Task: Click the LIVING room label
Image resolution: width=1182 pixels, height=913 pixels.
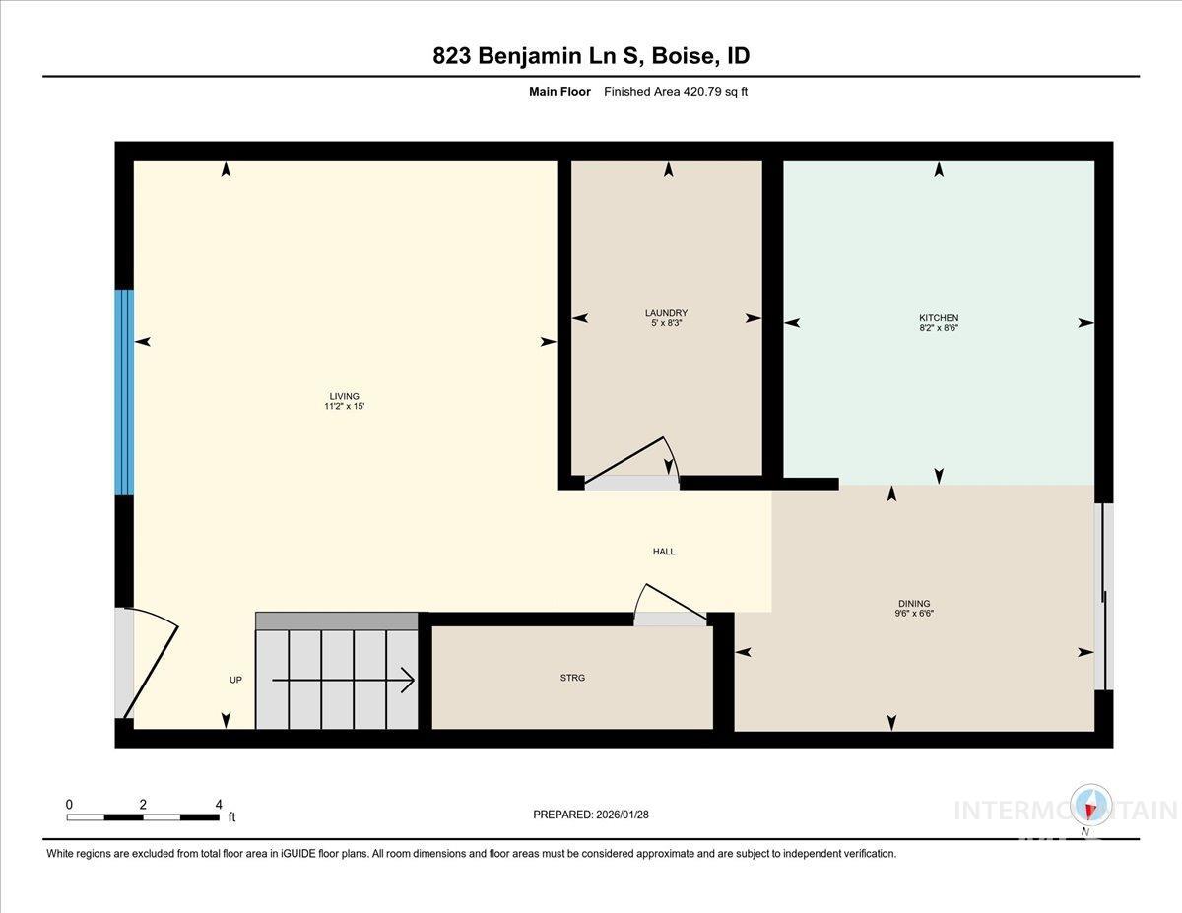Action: coord(344,396)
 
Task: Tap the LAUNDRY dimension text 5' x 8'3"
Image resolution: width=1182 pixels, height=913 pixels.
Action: coord(666,323)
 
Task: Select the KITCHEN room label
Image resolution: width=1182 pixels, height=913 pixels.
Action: coord(939,317)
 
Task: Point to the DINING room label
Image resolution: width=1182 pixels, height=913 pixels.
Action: coord(914,604)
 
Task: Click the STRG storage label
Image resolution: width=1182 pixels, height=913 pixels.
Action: coord(571,678)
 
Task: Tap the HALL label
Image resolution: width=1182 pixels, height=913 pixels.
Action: coord(664,552)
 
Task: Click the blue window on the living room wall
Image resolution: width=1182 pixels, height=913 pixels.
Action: coord(124,392)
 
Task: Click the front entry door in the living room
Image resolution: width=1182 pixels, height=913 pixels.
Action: coord(148,665)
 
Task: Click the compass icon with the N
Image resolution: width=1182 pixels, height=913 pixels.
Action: coord(1090,807)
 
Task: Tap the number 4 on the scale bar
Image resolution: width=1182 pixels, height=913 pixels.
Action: coord(219,805)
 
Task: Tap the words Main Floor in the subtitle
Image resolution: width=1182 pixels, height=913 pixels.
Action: coord(559,92)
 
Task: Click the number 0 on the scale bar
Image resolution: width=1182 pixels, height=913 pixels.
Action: coord(69,805)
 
